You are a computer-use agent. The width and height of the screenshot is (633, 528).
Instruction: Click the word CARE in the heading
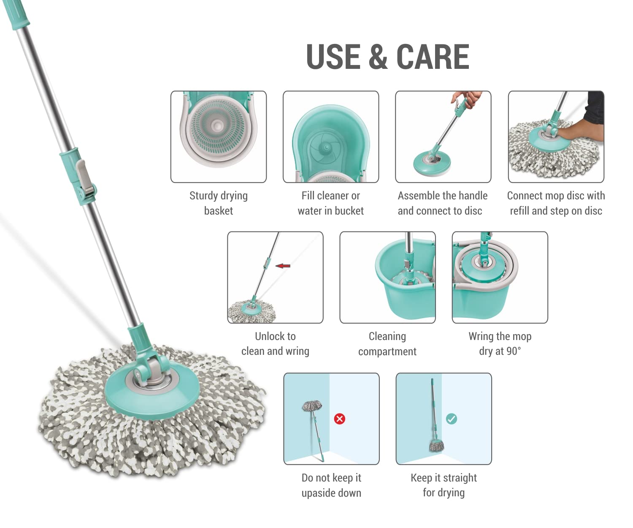433,57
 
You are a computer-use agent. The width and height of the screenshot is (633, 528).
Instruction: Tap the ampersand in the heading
378,57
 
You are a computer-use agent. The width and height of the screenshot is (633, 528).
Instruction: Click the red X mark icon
340,419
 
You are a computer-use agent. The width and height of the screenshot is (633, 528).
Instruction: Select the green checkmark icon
452,419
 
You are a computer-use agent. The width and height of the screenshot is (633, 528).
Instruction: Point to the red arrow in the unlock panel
283,266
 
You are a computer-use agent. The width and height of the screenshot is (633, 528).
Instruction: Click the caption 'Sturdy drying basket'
219,203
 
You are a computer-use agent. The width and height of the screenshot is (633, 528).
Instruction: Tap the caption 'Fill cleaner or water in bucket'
331,203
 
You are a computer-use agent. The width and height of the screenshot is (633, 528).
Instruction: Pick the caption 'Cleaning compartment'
387,344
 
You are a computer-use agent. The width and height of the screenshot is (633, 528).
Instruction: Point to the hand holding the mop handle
467,99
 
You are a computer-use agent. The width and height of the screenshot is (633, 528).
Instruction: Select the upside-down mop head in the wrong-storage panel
312,406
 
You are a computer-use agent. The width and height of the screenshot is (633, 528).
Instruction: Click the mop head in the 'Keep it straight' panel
437,445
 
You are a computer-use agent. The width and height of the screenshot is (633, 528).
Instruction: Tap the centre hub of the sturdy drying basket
216,125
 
